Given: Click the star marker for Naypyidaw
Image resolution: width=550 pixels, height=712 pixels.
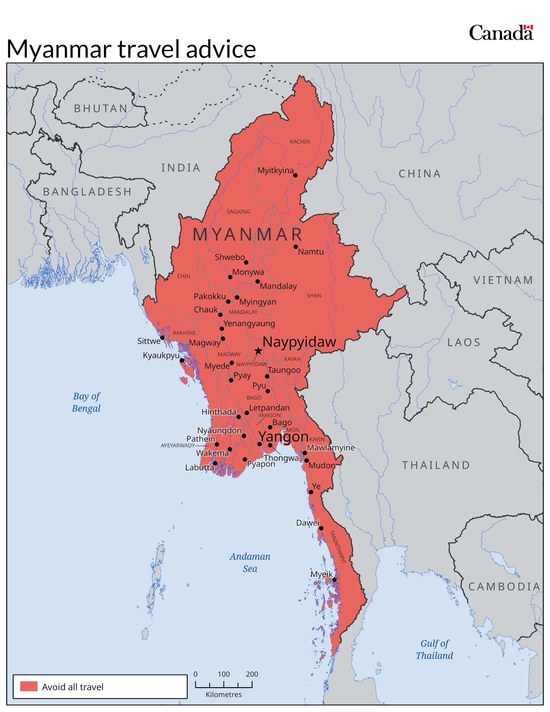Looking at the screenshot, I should click(x=258, y=351).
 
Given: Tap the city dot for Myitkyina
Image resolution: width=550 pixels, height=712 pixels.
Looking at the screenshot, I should click(x=295, y=175).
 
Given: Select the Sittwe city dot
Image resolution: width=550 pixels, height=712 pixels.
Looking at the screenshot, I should click(x=162, y=338).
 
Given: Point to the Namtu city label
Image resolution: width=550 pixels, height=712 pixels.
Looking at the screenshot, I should click(x=311, y=252).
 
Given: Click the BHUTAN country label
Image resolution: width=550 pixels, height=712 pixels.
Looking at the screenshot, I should click(x=101, y=109).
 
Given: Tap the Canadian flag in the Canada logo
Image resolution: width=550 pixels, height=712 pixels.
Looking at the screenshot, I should click(x=528, y=27).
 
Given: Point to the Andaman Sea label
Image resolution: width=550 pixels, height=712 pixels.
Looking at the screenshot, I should click(x=250, y=562).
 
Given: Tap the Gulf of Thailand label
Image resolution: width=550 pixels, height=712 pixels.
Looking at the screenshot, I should click(x=434, y=649).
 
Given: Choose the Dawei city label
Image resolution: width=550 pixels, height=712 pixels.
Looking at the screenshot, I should click(x=308, y=523).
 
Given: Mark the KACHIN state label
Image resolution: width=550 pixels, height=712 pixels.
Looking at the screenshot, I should click(x=300, y=142).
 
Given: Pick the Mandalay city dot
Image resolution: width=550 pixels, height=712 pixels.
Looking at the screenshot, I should click(x=257, y=281).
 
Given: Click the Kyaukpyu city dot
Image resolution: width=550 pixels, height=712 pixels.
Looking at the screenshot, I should click(x=182, y=361).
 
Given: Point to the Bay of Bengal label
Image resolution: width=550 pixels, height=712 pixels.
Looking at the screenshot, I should click(x=86, y=402).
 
